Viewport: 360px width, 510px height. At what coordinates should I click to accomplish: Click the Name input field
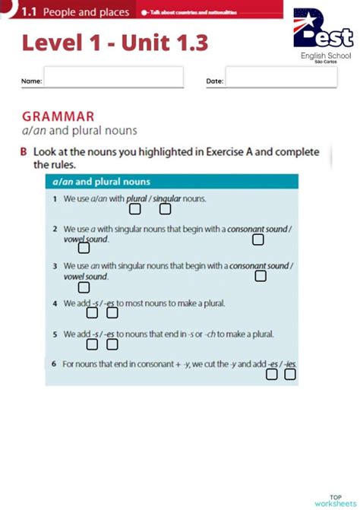(x=113, y=78)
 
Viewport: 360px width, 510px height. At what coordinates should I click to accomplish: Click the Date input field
(x=270, y=78)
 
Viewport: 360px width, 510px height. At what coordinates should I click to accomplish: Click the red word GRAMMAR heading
(x=58, y=116)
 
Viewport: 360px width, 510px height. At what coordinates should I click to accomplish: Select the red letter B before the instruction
(x=24, y=152)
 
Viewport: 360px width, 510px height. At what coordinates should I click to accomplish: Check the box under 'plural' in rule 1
(x=134, y=209)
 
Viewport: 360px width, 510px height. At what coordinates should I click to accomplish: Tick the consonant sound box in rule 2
(x=258, y=239)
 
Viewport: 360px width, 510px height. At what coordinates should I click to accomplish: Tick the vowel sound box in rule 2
(x=84, y=248)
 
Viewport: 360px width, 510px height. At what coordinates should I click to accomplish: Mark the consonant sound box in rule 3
(x=261, y=276)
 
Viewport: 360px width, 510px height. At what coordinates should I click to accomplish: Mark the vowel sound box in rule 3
(x=84, y=287)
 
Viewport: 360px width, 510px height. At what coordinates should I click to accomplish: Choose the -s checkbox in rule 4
(x=93, y=312)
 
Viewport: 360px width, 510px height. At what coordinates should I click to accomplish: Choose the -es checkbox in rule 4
(x=112, y=312)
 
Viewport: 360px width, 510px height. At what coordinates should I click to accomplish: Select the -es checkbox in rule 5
(x=112, y=344)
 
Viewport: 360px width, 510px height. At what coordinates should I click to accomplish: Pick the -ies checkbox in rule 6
(x=290, y=374)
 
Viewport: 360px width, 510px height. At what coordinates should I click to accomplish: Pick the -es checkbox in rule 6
(x=271, y=374)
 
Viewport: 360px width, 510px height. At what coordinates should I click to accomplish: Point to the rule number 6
(x=55, y=364)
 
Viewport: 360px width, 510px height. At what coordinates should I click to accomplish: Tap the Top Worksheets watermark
(x=340, y=499)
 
